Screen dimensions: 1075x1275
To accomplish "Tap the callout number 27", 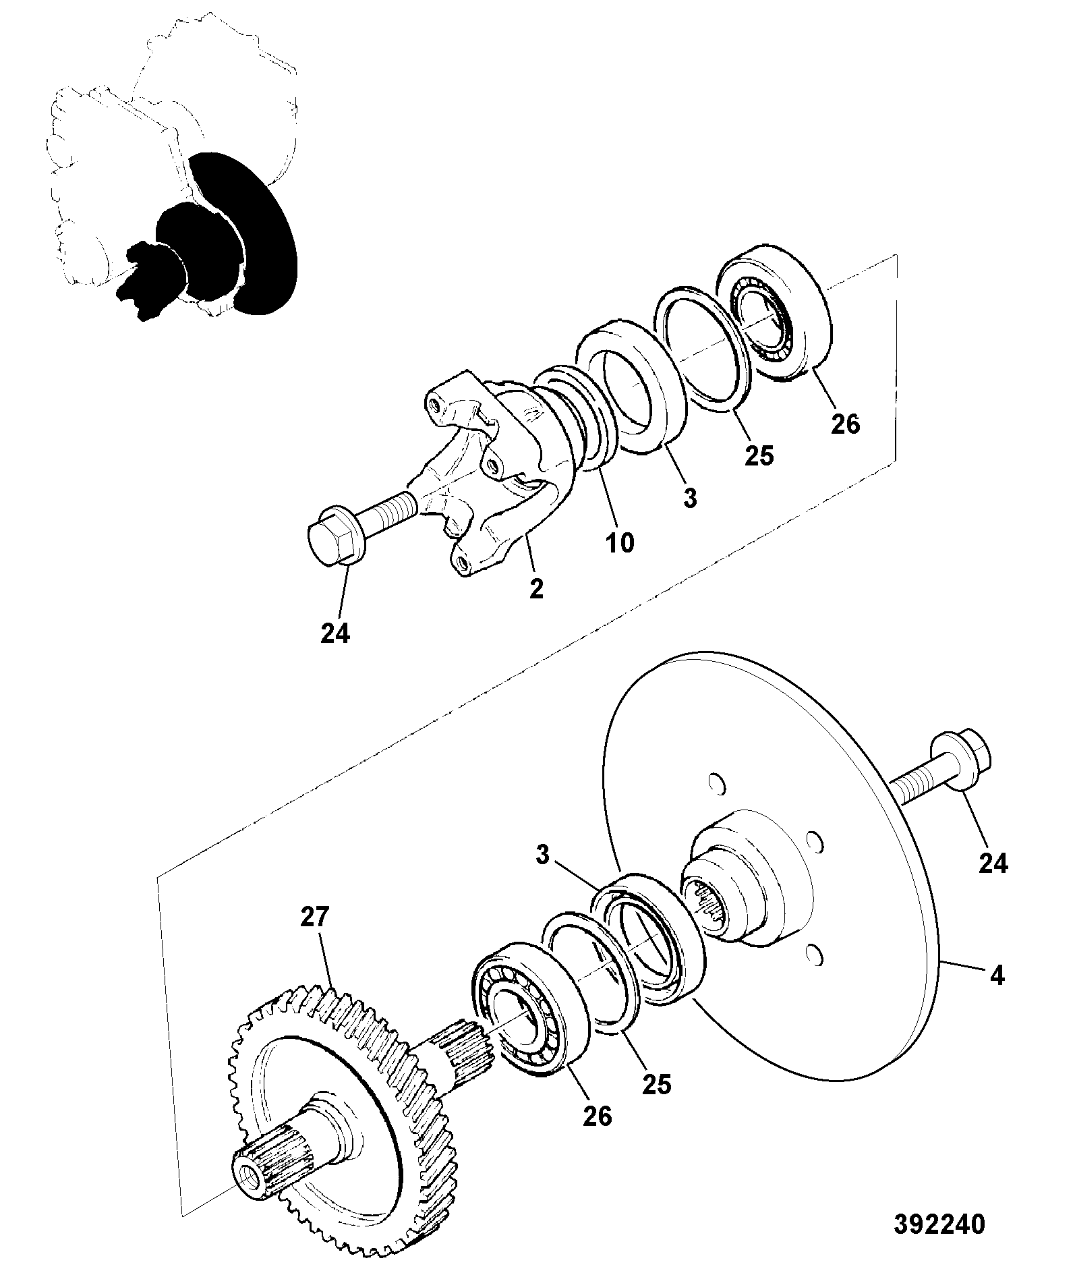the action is pos(315,917).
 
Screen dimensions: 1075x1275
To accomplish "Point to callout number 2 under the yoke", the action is pos(536,589).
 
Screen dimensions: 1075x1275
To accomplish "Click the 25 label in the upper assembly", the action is pos(759,455).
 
